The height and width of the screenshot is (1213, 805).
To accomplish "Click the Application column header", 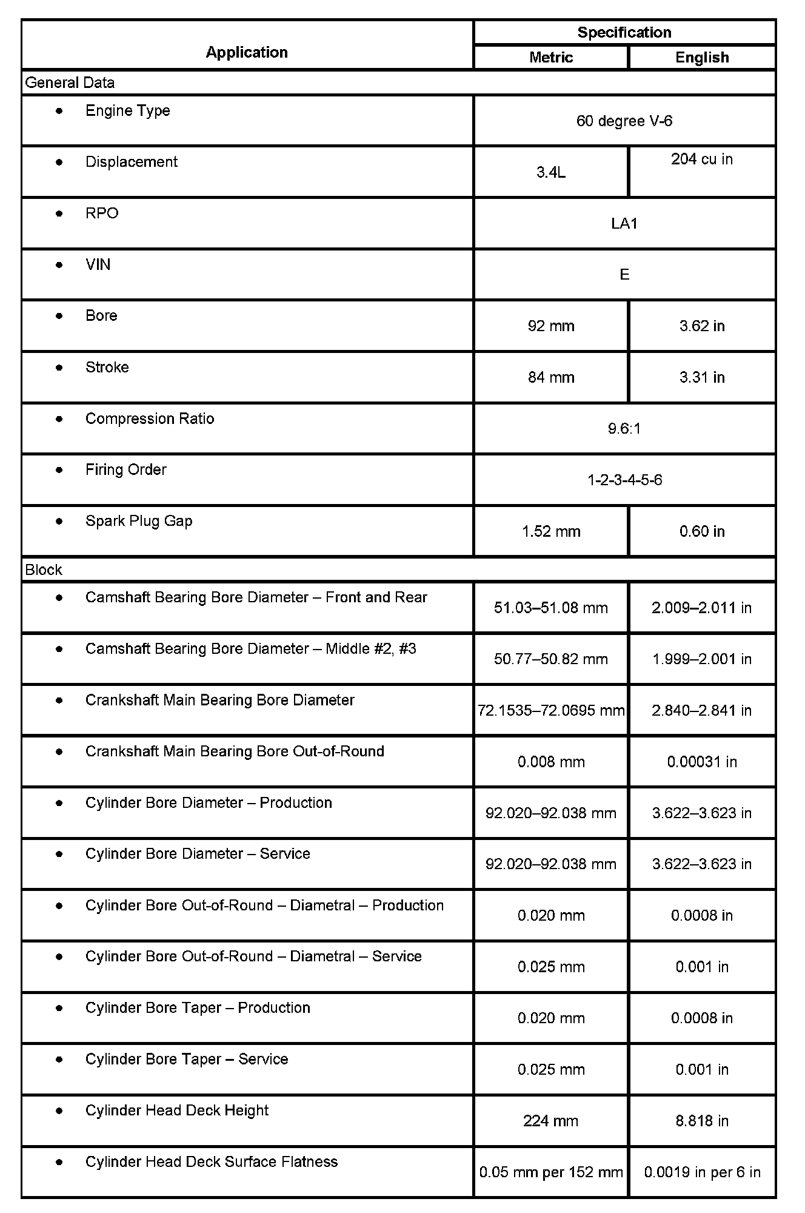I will (247, 52).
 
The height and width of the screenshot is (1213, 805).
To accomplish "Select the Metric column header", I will (550, 57).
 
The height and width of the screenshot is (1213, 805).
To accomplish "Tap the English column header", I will (702, 57).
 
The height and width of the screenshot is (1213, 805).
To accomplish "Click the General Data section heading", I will (70, 82).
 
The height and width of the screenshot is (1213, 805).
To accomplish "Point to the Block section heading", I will (44, 570).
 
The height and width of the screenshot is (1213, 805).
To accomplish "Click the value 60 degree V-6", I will (624, 121).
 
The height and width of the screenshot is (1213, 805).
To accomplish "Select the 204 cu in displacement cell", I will (702, 159).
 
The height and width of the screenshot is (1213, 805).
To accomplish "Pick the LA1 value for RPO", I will (624, 223).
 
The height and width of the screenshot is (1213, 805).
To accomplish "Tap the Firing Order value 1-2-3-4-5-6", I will (624, 480).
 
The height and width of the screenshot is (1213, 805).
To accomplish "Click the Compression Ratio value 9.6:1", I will (624, 429).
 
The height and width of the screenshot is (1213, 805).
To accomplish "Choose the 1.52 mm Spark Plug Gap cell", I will (551, 531).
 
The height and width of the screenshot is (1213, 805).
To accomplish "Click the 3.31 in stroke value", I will (702, 377).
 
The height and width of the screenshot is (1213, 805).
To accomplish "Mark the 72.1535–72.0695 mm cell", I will (551, 710).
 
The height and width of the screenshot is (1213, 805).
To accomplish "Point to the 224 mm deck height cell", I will (551, 1121).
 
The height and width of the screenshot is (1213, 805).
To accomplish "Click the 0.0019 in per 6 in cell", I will (702, 1172).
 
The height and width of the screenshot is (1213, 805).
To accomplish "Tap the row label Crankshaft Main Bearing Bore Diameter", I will (219, 700).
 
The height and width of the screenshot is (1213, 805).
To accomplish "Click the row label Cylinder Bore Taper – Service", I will (187, 1059).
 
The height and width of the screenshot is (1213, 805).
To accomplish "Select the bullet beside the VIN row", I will (59, 265).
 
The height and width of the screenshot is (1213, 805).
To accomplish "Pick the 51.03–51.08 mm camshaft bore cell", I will (551, 608).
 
